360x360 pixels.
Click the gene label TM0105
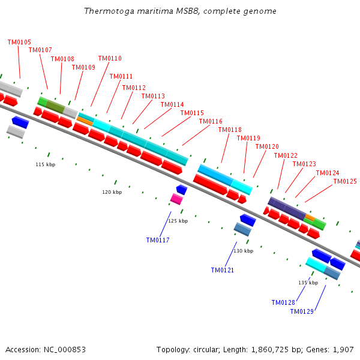19,42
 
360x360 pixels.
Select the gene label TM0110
110,59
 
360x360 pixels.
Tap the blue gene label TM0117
158,240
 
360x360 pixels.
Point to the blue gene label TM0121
223,270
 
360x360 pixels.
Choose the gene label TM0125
345,181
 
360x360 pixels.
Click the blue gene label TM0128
283,302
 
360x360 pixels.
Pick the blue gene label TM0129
302,311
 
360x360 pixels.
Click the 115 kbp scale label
45,164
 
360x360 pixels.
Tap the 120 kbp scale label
112,192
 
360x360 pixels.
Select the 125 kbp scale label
178,221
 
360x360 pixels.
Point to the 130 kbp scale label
243,251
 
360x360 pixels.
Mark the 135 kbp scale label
308,282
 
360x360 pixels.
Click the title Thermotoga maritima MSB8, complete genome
180,11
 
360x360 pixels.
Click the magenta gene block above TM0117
176,199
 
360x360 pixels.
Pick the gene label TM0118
230,130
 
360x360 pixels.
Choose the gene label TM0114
172,104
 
